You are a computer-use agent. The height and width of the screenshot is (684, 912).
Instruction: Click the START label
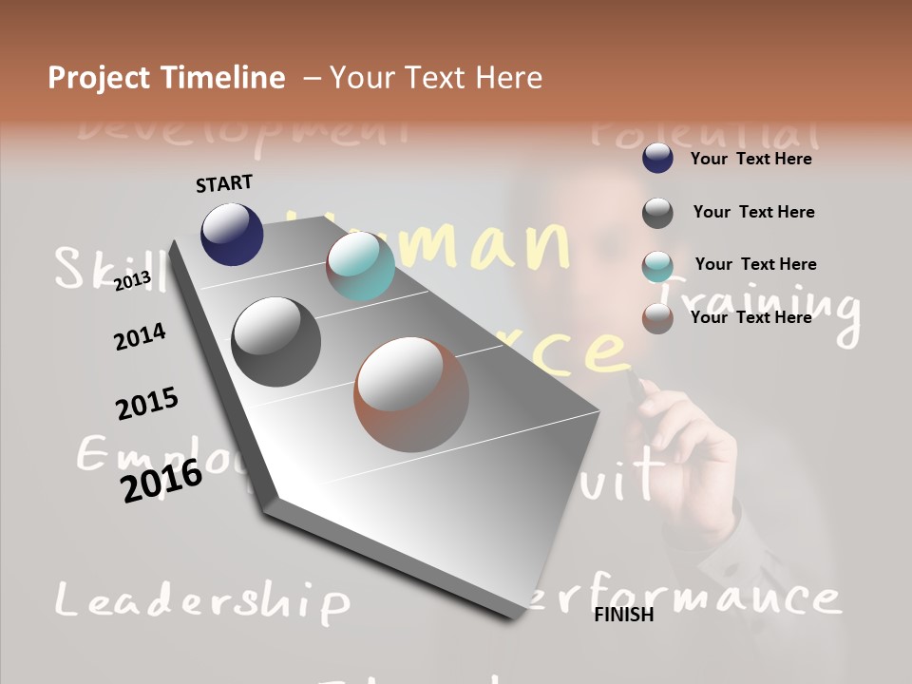224,183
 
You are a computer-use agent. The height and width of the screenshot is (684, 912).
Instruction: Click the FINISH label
623,615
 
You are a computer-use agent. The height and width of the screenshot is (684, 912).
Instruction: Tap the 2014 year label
140,336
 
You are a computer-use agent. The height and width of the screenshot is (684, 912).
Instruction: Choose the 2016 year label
161,480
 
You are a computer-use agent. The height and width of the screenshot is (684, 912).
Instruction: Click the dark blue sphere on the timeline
232,234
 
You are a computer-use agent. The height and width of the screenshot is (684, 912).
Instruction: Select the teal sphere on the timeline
360,267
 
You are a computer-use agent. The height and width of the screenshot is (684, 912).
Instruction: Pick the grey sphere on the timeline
276,341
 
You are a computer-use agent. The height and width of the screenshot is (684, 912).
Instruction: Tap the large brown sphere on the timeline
411,394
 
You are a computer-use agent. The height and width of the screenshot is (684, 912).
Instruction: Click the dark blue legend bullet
657,159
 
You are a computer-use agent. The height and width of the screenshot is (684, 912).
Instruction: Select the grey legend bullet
657,213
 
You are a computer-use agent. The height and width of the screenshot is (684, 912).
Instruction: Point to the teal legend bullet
657,266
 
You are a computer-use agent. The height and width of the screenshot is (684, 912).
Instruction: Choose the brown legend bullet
657,318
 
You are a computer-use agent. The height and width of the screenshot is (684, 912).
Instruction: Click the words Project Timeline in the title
166,78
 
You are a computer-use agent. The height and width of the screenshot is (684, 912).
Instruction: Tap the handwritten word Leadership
201,601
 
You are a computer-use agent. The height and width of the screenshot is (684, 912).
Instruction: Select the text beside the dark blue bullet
750,159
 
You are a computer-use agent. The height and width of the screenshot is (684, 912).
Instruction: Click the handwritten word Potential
703,132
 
